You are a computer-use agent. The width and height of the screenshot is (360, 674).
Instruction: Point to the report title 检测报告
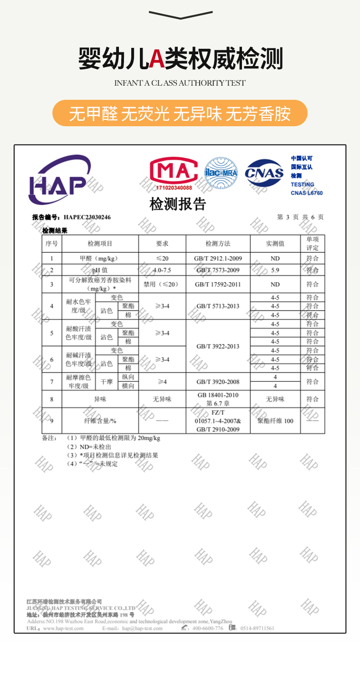coord(178,204)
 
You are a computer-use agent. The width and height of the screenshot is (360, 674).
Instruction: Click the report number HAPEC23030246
coord(87,217)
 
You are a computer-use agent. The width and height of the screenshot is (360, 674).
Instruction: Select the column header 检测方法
coord(218,244)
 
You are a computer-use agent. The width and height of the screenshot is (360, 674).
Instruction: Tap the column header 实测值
coord(275,244)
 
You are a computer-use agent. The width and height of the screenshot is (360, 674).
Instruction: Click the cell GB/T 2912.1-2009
coord(218,258)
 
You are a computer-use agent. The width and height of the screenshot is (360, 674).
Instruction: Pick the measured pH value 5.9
coord(275,270)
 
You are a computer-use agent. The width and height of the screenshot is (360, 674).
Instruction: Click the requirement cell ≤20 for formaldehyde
coord(162,258)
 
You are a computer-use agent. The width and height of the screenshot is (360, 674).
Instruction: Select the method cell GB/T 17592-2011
coord(218,284)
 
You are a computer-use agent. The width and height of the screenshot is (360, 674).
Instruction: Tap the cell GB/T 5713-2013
coord(218,306)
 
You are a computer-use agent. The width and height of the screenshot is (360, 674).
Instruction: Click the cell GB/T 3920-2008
coord(218,381)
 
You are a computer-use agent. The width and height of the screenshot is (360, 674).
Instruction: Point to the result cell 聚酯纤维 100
coord(275,421)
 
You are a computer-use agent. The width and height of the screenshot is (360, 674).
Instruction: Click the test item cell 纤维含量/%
coord(100,421)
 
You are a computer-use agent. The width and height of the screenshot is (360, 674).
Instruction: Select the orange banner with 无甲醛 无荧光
coord(180,113)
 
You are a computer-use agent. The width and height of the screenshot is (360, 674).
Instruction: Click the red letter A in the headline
coord(157,59)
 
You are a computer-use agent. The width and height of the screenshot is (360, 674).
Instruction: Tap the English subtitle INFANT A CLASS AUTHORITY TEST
coord(180,83)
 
